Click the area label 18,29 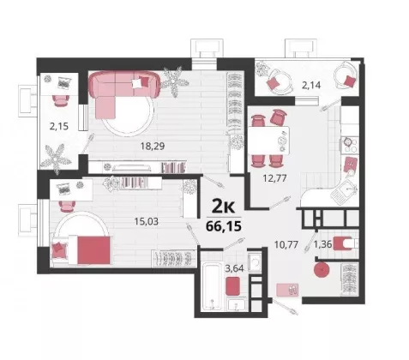click(153, 147)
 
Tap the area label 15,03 click(146, 221)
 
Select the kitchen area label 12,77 click(274, 178)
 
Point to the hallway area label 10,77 click(286, 244)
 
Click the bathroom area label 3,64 click(234, 268)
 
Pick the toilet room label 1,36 click(322, 244)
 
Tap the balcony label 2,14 click(311, 85)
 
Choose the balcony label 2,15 click(59, 126)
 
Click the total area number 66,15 click(224, 226)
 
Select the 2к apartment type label click(223, 207)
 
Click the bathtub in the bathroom click(211, 287)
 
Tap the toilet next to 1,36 click(345, 243)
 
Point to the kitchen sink click(345, 192)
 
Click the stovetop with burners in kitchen click(349, 144)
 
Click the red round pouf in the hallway click(322, 270)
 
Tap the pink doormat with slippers click(287, 290)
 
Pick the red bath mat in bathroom click(232, 286)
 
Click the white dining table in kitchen click(269, 141)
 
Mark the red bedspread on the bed click(93, 250)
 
